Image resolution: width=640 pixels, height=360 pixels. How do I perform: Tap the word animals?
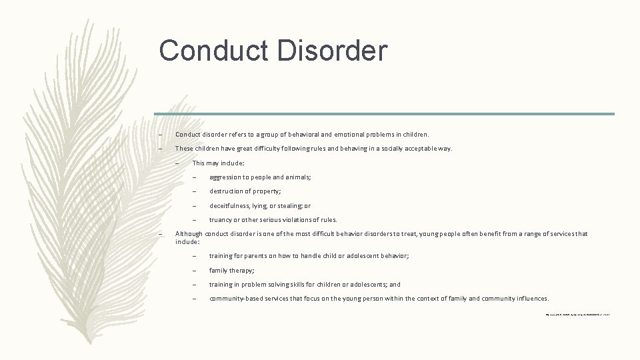[x=298, y=177]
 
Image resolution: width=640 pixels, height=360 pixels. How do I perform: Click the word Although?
[x=189, y=233]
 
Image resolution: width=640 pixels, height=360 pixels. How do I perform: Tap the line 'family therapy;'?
[x=232, y=271]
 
